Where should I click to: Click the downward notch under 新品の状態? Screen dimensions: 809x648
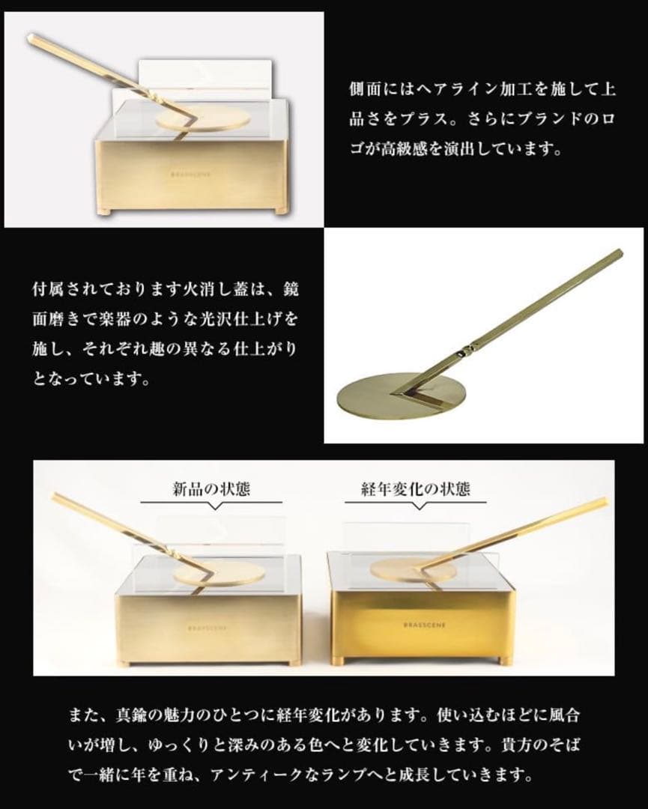pos(213,506)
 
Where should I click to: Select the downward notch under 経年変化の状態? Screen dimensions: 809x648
pos(417,506)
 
